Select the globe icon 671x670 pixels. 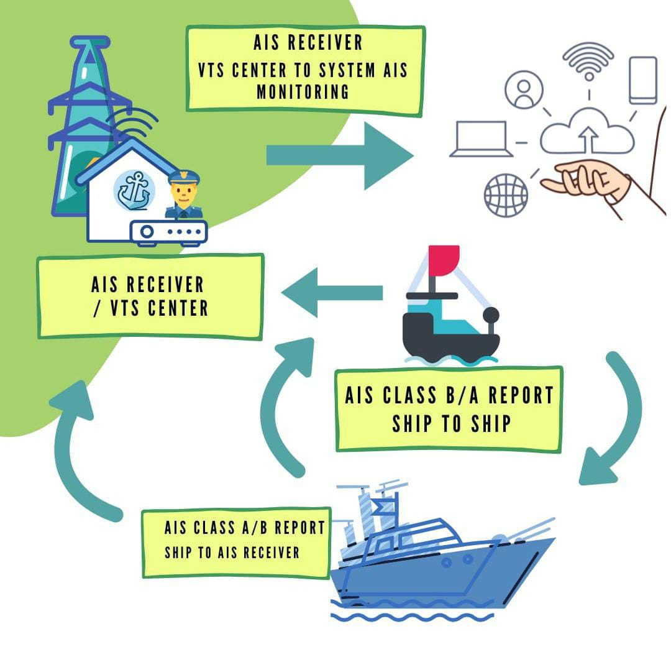coord(506,195)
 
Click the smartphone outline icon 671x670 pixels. coord(642,80)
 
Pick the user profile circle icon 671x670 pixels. coord(524,89)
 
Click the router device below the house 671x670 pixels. coord(168,232)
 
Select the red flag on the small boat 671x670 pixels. coord(443,260)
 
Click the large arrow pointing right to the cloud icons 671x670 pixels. coord(339,155)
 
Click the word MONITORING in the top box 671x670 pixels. coord(303,91)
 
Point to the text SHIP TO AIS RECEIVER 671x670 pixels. coord(232,552)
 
